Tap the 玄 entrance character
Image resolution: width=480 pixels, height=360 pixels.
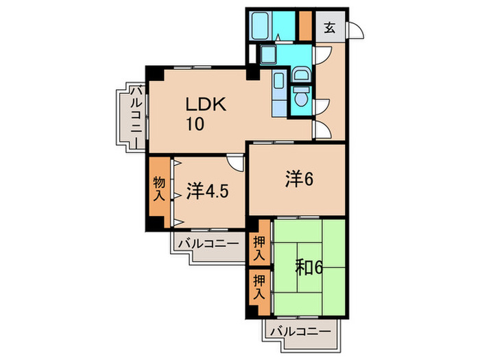point(330,28)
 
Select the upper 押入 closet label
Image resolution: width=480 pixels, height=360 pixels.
point(259,248)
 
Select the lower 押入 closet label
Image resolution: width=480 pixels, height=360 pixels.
point(259,286)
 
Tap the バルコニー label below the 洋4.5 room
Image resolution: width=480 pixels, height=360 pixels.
point(208,243)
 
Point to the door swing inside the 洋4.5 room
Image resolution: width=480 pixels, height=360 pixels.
point(235,164)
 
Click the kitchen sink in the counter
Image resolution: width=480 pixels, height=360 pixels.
point(278,83)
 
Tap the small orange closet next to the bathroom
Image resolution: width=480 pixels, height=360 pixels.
point(304,26)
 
